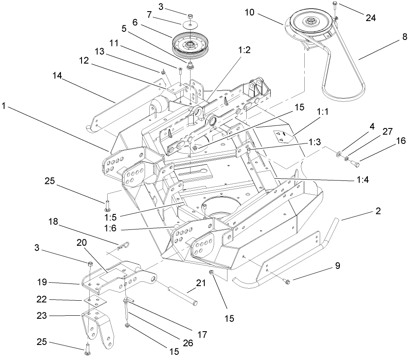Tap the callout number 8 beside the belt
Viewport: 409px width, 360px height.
click(403, 37)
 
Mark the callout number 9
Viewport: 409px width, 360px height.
click(337, 266)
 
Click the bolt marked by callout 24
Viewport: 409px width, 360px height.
click(334, 6)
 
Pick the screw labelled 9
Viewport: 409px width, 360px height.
click(288, 281)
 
